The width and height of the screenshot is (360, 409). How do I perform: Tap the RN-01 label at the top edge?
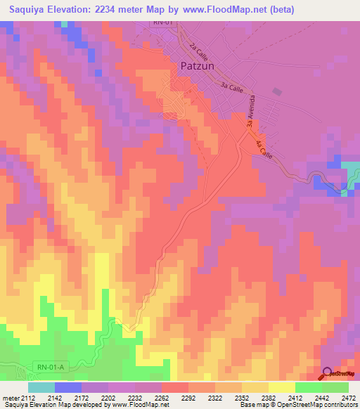tap(164, 23)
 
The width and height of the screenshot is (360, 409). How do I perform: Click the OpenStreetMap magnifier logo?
tap(328, 374)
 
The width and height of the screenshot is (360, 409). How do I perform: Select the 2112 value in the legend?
tap(28, 397)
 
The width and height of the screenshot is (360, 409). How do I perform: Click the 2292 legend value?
tap(188, 397)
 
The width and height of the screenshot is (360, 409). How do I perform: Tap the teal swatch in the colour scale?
tap(41, 387)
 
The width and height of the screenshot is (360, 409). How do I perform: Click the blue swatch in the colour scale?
tap(68, 387)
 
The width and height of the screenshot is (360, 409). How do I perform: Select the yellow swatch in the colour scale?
tap(282, 387)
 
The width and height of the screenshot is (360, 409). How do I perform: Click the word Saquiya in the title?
tap(29, 8)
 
